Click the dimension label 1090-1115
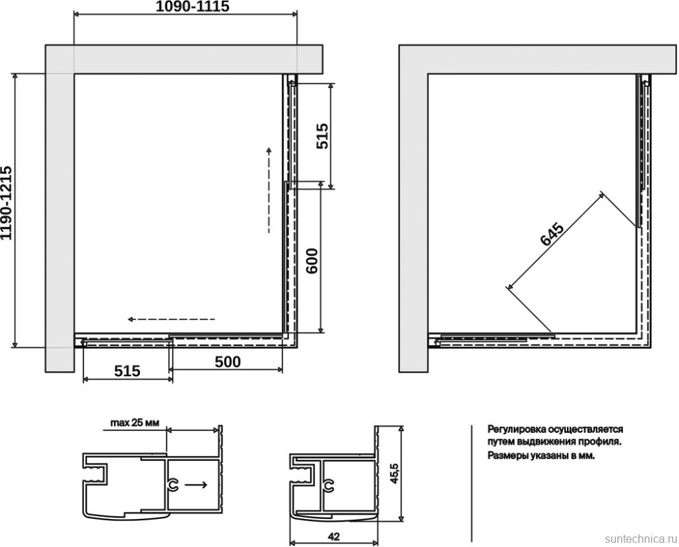click(192, 6)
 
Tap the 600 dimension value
click(311, 261)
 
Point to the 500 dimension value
click(227, 361)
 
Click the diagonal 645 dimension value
click(552, 234)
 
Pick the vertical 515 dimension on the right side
click(322, 136)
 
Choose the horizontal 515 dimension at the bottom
click(127, 371)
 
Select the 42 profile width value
click(333, 536)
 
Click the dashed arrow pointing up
click(269, 191)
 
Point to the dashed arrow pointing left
click(171, 319)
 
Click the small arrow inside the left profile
click(196, 485)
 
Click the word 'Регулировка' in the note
click(517, 429)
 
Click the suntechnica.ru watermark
click(640, 539)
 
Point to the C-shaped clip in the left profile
click(173, 485)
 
